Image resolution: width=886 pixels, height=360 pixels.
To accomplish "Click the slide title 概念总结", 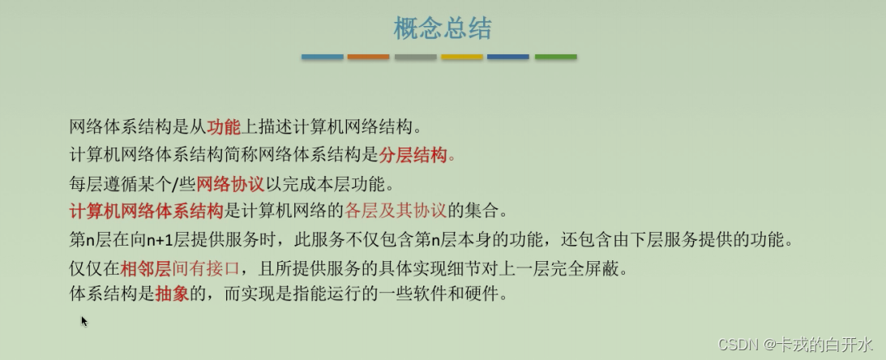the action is coord(443,28).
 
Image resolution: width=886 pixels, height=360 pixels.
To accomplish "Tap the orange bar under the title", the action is coord(368,57).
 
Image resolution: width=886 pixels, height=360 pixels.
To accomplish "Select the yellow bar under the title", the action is coord(462,57).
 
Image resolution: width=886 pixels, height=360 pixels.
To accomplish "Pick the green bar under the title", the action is coord(556,57).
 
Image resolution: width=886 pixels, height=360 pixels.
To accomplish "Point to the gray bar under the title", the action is coord(415,57).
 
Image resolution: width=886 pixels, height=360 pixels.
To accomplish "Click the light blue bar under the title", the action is coord(322,57).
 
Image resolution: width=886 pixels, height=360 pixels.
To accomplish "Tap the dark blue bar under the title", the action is coord(508,57).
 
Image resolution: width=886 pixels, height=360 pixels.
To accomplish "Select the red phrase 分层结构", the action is coord(413,155).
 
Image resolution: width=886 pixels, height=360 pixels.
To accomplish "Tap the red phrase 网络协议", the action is coord(230,184).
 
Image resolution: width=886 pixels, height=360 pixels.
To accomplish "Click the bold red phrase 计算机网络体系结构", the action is coord(147,212).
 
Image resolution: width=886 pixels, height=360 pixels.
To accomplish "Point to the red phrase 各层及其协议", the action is coord(395,212).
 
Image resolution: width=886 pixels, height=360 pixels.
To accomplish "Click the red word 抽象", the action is coord(172,294).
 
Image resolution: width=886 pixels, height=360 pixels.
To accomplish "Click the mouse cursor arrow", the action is coord(84,321).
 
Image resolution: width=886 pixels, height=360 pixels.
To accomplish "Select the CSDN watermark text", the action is coord(795,344).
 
